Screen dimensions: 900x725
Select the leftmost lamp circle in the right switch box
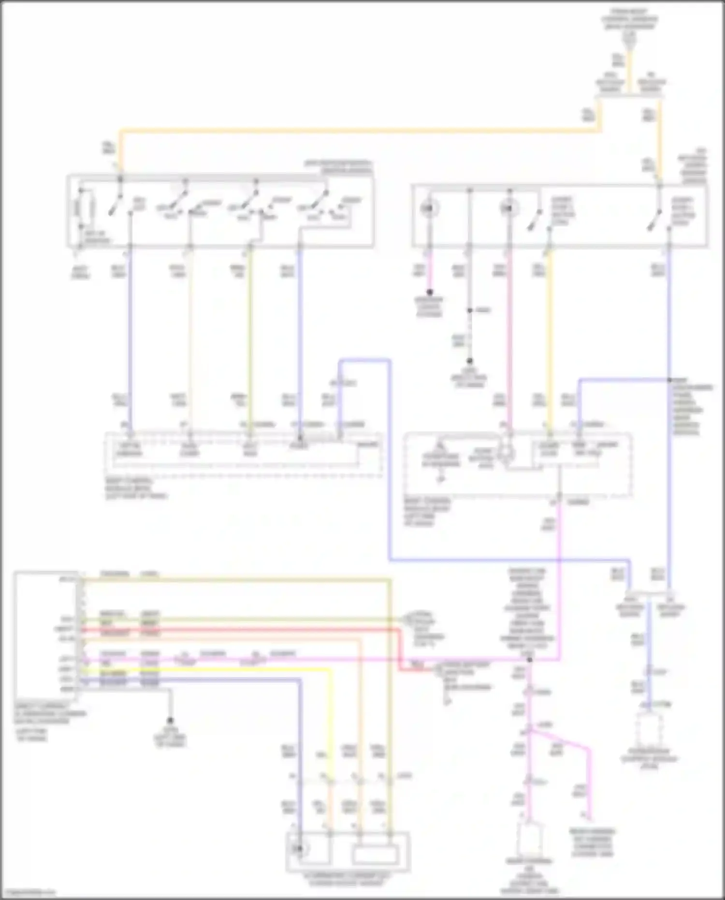[x=428, y=208]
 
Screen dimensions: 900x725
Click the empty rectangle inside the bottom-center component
[x=376, y=854]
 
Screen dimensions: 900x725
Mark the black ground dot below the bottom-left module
[x=170, y=720]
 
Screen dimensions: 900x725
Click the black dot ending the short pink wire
[x=429, y=292]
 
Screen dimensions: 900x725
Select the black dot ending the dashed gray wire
[x=469, y=361]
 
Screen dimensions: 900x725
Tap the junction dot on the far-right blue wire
[x=670, y=380]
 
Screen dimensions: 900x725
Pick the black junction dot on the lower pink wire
[x=530, y=660]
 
